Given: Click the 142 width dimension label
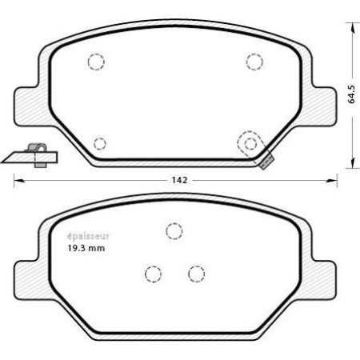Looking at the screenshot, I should click(179, 181).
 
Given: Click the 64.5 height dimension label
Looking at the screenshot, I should click(351, 94).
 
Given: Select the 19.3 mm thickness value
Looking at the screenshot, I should click(83, 249).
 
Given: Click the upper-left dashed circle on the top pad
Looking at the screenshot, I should click(96, 62).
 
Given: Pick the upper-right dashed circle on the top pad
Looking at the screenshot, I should click(254, 61).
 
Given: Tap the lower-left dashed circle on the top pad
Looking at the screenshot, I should click(99, 144).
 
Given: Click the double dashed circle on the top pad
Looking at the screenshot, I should click(251, 143).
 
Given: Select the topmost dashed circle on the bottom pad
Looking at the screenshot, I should click(174, 231).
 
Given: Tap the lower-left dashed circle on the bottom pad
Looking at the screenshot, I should click(153, 274).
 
